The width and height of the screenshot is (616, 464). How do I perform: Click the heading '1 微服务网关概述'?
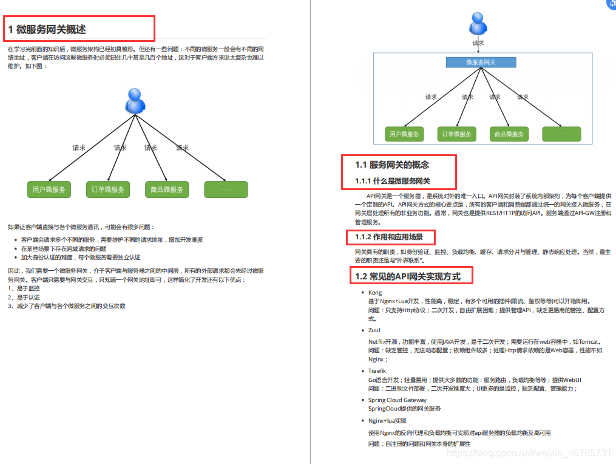coord(47,29)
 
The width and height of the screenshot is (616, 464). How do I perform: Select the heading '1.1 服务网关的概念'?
coord(392,165)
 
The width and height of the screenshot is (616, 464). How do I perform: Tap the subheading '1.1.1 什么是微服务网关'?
coord(393,181)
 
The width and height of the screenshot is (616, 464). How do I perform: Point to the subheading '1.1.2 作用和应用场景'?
coord(389,237)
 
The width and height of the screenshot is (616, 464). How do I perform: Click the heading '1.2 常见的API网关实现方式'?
coord(408,276)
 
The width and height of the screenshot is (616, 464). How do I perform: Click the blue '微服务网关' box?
coord(481,62)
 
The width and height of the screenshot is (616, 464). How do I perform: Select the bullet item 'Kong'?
coord(375,292)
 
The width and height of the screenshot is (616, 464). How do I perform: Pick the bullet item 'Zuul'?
coord(374,330)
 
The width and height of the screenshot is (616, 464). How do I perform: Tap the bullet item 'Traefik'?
coord(377,370)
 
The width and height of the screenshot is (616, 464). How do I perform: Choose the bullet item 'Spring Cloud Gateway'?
coord(397,400)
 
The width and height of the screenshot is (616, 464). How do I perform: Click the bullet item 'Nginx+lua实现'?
coord(387,420)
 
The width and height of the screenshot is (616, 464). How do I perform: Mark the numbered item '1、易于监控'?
coord(24,288)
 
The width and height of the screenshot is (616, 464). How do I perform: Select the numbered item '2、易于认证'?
coord(24,298)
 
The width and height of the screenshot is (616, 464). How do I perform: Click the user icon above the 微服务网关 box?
coord(478,25)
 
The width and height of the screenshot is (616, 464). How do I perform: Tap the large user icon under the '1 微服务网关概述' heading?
coord(135,101)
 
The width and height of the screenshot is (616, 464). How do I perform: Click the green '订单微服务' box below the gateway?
coord(456,134)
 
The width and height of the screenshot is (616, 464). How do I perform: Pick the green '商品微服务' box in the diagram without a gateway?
coord(167,189)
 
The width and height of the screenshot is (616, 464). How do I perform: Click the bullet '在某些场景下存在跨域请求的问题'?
coord(63,248)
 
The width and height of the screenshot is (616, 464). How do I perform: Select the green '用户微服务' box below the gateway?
coord(404,134)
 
